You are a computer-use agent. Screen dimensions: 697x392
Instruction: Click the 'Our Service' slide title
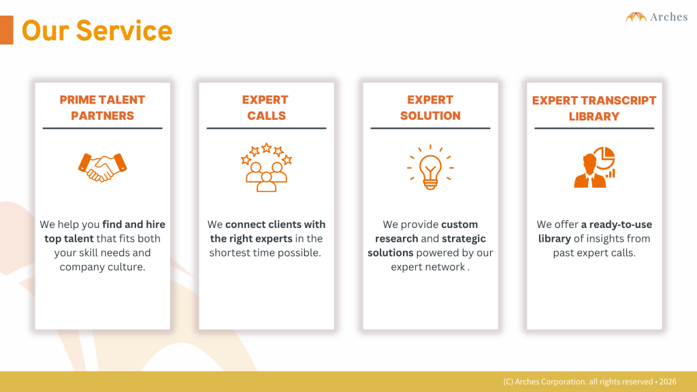[97, 31]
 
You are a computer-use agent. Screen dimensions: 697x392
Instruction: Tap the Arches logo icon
[636, 17]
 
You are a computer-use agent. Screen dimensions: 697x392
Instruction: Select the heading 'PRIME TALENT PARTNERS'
[102, 108]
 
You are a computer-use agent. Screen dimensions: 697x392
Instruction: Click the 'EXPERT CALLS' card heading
[266, 108]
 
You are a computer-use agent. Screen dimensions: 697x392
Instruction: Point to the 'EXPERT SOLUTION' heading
[430, 108]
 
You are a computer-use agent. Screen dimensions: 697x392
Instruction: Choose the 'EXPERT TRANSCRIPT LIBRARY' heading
[594, 108]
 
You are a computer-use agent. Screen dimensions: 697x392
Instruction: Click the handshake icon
[102, 167]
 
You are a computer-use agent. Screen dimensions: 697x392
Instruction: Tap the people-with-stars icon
[266, 167]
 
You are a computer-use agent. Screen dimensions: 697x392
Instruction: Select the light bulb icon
[430, 167]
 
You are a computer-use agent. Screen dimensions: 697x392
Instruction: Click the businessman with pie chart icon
[594, 167]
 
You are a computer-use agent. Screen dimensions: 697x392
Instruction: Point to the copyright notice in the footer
[590, 382]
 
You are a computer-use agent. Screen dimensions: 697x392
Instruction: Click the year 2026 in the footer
[668, 382]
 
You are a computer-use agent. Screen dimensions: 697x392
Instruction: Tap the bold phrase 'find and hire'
[134, 225]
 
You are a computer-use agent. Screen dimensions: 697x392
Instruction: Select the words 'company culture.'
[102, 267]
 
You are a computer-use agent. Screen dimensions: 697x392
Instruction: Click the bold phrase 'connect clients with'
[275, 225]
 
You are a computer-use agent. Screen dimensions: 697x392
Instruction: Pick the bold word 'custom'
[459, 225]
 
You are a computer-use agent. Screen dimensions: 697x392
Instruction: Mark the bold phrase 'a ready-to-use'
[617, 225]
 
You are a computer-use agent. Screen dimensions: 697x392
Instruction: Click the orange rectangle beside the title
[7, 30]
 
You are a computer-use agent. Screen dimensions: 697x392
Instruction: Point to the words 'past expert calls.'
[594, 253]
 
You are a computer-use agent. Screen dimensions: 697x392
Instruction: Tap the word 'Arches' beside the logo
[669, 17]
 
